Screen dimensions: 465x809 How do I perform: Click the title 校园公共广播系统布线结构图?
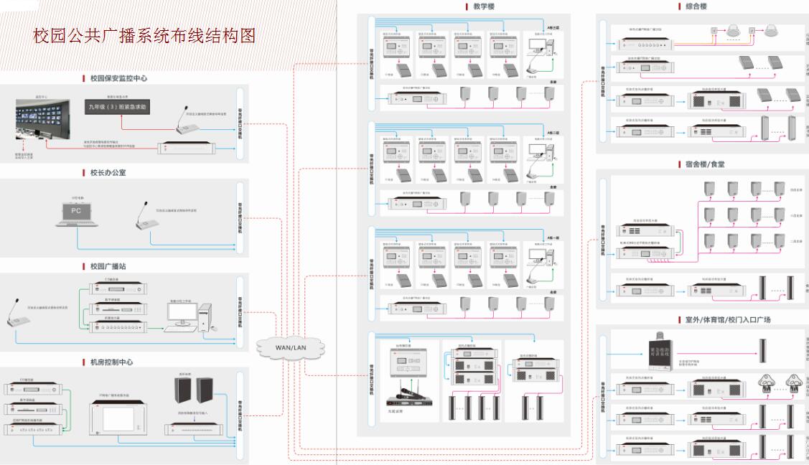click(144, 35)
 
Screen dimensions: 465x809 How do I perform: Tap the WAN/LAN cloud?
click(291, 347)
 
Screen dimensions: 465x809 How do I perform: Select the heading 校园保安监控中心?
click(118, 77)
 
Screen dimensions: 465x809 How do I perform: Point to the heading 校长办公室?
click(107, 172)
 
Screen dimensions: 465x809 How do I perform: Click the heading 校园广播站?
click(108, 266)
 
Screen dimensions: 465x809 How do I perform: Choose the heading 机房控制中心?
click(111, 362)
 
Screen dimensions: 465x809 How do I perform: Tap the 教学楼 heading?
click(483, 6)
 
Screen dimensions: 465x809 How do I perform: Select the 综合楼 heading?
click(696, 6)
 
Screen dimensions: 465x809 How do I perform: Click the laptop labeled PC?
click(76, 213)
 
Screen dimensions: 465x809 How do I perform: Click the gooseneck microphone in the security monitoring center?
click(181, 114)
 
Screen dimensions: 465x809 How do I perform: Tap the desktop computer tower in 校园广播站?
click(205, 321)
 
